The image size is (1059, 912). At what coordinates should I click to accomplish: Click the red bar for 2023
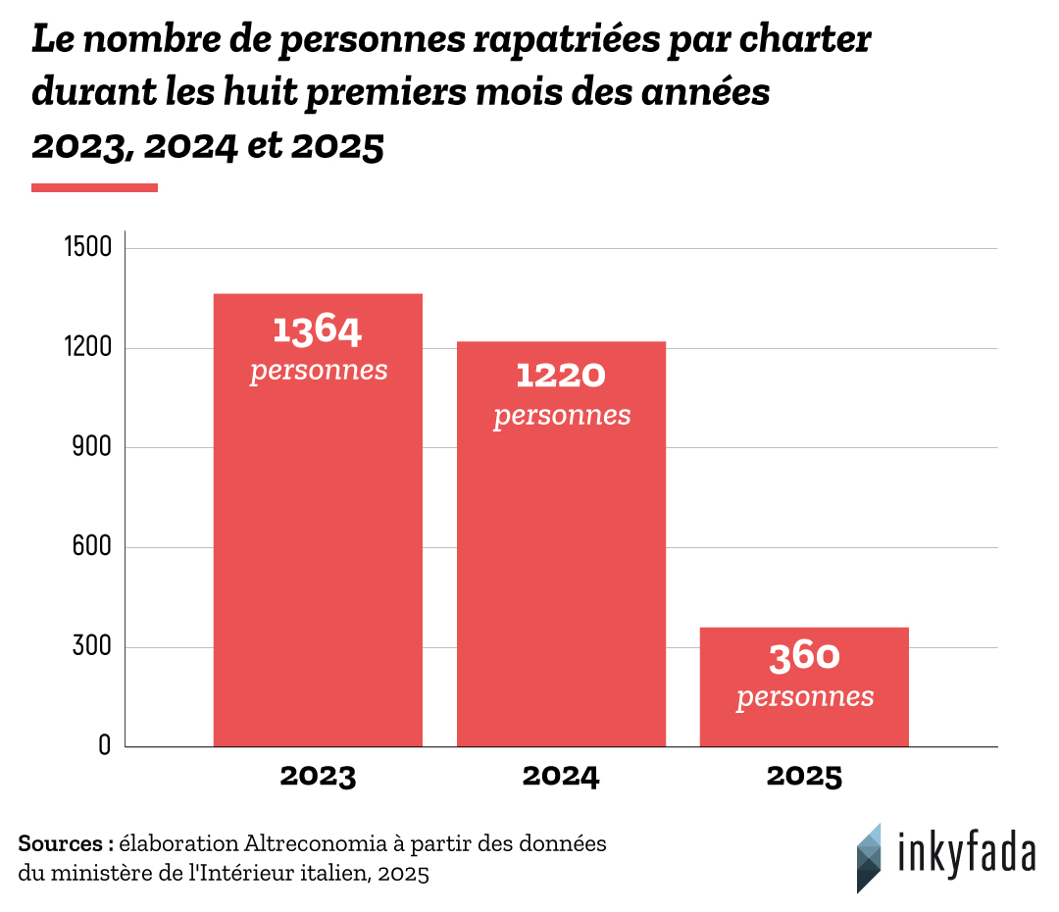pos(318,549)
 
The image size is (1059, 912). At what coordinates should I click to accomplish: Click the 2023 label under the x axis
pos(318,777)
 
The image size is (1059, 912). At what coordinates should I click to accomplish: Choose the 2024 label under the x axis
pos(561,777)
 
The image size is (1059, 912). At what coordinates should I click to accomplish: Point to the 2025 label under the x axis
pos(804,777)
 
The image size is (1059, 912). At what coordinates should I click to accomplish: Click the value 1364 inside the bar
pos(318,330)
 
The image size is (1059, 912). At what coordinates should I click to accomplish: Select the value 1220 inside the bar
pos(561,375)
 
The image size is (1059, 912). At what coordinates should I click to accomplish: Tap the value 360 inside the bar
pos(804,657)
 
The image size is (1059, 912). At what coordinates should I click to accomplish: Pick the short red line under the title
pos(94,187)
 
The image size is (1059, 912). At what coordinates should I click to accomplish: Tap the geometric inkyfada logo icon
pos(868,857)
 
